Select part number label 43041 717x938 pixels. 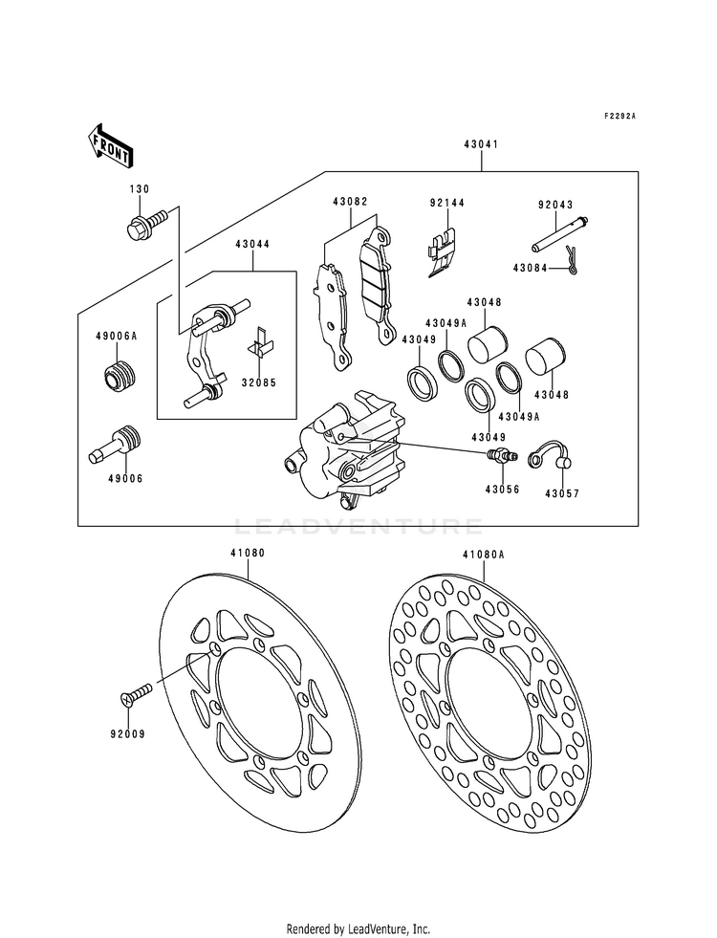pos(480,144)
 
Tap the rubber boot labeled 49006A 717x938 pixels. pos(119,376)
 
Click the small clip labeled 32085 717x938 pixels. pos(261,341)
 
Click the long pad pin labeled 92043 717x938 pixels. pos(560,234)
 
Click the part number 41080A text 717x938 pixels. pos(483,555)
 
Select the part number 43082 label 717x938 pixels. pos(351,202)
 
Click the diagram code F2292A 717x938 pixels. pos(619,116)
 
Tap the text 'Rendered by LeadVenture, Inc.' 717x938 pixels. pos(358,929)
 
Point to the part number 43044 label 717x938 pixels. pos(252,244)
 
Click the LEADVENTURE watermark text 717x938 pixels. pos(358,527)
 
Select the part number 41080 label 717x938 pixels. pos(248,554)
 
